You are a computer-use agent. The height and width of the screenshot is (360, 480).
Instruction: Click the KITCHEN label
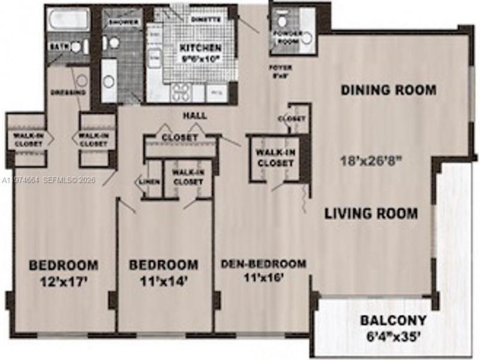200,47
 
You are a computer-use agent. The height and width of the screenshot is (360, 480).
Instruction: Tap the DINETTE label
206,19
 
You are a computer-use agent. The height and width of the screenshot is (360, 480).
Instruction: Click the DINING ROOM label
388,91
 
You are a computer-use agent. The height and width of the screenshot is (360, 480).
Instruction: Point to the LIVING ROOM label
371,213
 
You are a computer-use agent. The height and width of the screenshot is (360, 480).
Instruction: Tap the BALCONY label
393,320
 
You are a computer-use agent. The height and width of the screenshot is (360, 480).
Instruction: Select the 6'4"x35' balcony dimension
394,335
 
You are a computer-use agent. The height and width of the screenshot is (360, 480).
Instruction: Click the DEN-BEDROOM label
263,263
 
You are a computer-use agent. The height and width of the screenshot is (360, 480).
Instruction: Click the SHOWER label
124,23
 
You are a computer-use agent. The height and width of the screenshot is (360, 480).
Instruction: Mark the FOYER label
277,68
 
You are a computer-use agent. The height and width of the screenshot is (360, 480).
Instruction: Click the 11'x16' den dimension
263,277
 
